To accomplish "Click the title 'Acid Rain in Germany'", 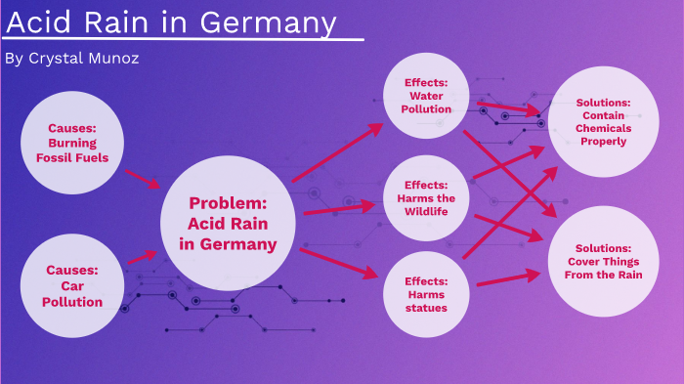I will [x=172, y=22].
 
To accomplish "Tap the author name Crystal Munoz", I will [x=72, y=59].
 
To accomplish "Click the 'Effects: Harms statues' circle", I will [x=425, y=294].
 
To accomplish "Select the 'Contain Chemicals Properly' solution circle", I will [x=603, y=122].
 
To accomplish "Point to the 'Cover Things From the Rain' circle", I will [x=603, y=262].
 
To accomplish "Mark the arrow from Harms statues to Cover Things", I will [x=508, y=279].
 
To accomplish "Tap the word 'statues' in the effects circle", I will [x=426, y=308].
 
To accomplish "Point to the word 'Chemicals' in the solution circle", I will [x=603, y=128].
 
